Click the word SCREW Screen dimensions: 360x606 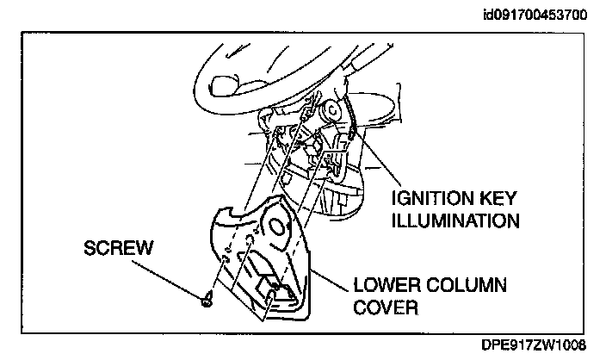(118, 248)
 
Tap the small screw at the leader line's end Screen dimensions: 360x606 (207, 300)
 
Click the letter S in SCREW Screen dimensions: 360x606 (89, 248)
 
